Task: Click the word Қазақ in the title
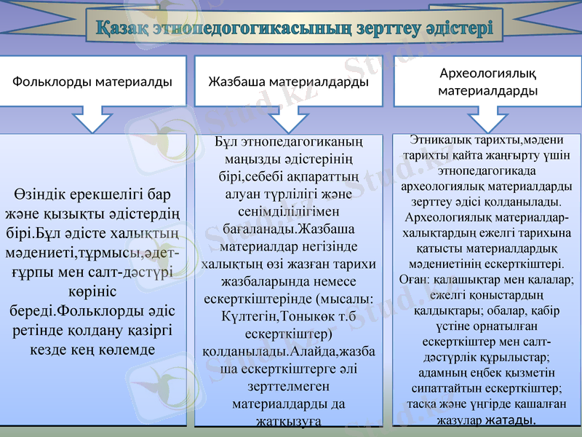[x=124, y=31]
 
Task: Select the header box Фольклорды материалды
[x=92, y=82]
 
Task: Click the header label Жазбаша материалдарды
[x=289, y=82]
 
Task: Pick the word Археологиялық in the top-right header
[x=488, y=73]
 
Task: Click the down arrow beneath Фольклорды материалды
[x=92, y=119]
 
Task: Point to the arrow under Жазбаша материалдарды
[x=289, y=119]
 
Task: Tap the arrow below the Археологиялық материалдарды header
[x=488, y=119]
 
